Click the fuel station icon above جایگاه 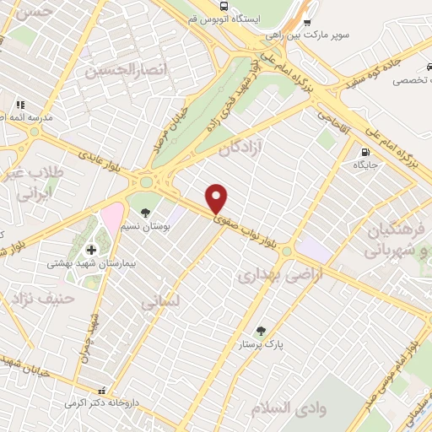tap(364, 153)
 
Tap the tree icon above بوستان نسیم tap(145, 213)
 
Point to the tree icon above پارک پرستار tap(260, 331)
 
